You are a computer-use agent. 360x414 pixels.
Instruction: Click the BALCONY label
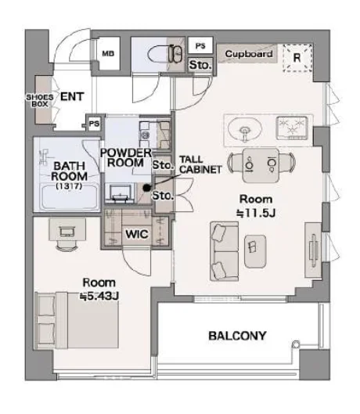(237, 336)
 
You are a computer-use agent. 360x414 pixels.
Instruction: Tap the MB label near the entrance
(108, 53)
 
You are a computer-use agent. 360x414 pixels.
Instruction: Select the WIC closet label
(137, 234)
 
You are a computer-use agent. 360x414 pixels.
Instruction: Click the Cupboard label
(249, 54)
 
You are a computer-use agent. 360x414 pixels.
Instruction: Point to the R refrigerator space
(297, 58)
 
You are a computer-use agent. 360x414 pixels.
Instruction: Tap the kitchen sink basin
(245, 130)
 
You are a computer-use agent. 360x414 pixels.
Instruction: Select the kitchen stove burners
(292, 128)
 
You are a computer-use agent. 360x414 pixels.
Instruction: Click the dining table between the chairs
(261, 165)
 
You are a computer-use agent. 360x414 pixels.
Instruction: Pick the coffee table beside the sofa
(255, 251)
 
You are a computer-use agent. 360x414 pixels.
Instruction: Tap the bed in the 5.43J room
(77, 320)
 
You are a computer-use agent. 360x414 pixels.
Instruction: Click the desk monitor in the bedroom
(67, 232)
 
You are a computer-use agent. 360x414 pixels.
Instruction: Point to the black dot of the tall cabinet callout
(146, 188)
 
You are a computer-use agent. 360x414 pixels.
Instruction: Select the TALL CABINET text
(200, 164)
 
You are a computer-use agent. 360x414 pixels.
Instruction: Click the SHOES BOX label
(40, 100)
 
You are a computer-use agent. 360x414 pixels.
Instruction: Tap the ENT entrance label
(72, 96)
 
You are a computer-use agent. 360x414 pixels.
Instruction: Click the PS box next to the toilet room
(200, 45)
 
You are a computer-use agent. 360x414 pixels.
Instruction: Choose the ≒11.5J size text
(256, 213)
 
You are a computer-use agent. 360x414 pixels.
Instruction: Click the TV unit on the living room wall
(313, 250)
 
